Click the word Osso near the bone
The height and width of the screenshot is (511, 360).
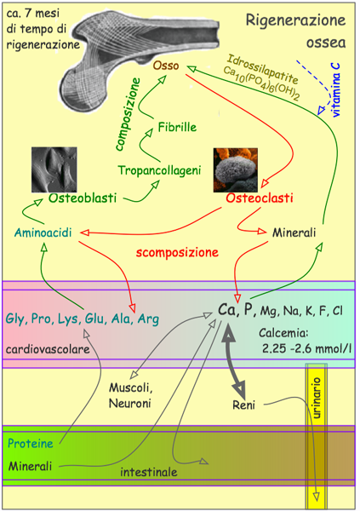click(166, 66)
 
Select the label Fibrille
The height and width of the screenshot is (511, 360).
click(177, 127)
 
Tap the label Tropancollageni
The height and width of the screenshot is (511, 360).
click(159, 170)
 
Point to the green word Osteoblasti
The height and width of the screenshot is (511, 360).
click(83, 198)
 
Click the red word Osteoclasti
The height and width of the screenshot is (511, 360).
click(260, 198)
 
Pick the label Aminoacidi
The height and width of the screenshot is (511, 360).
click(43, 233)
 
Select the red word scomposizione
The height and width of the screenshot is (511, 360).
click(177, 253)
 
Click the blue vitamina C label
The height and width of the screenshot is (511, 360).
click(335, 89)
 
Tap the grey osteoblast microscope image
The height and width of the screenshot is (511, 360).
click(54, 169)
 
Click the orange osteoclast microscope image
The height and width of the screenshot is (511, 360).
click(236, 169)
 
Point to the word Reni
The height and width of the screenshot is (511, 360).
click(243, 405)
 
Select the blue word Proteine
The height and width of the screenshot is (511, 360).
click(31, 443)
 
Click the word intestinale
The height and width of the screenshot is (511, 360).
click(149, 472)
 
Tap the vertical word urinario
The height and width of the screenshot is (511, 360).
click(317, 398)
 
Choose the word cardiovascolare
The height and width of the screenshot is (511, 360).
click(48, 349)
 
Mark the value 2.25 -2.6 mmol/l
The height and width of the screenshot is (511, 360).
click(307, 348)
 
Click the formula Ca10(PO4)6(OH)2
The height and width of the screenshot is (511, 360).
click(261, 83)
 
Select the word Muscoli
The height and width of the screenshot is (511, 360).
click(131, 388)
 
